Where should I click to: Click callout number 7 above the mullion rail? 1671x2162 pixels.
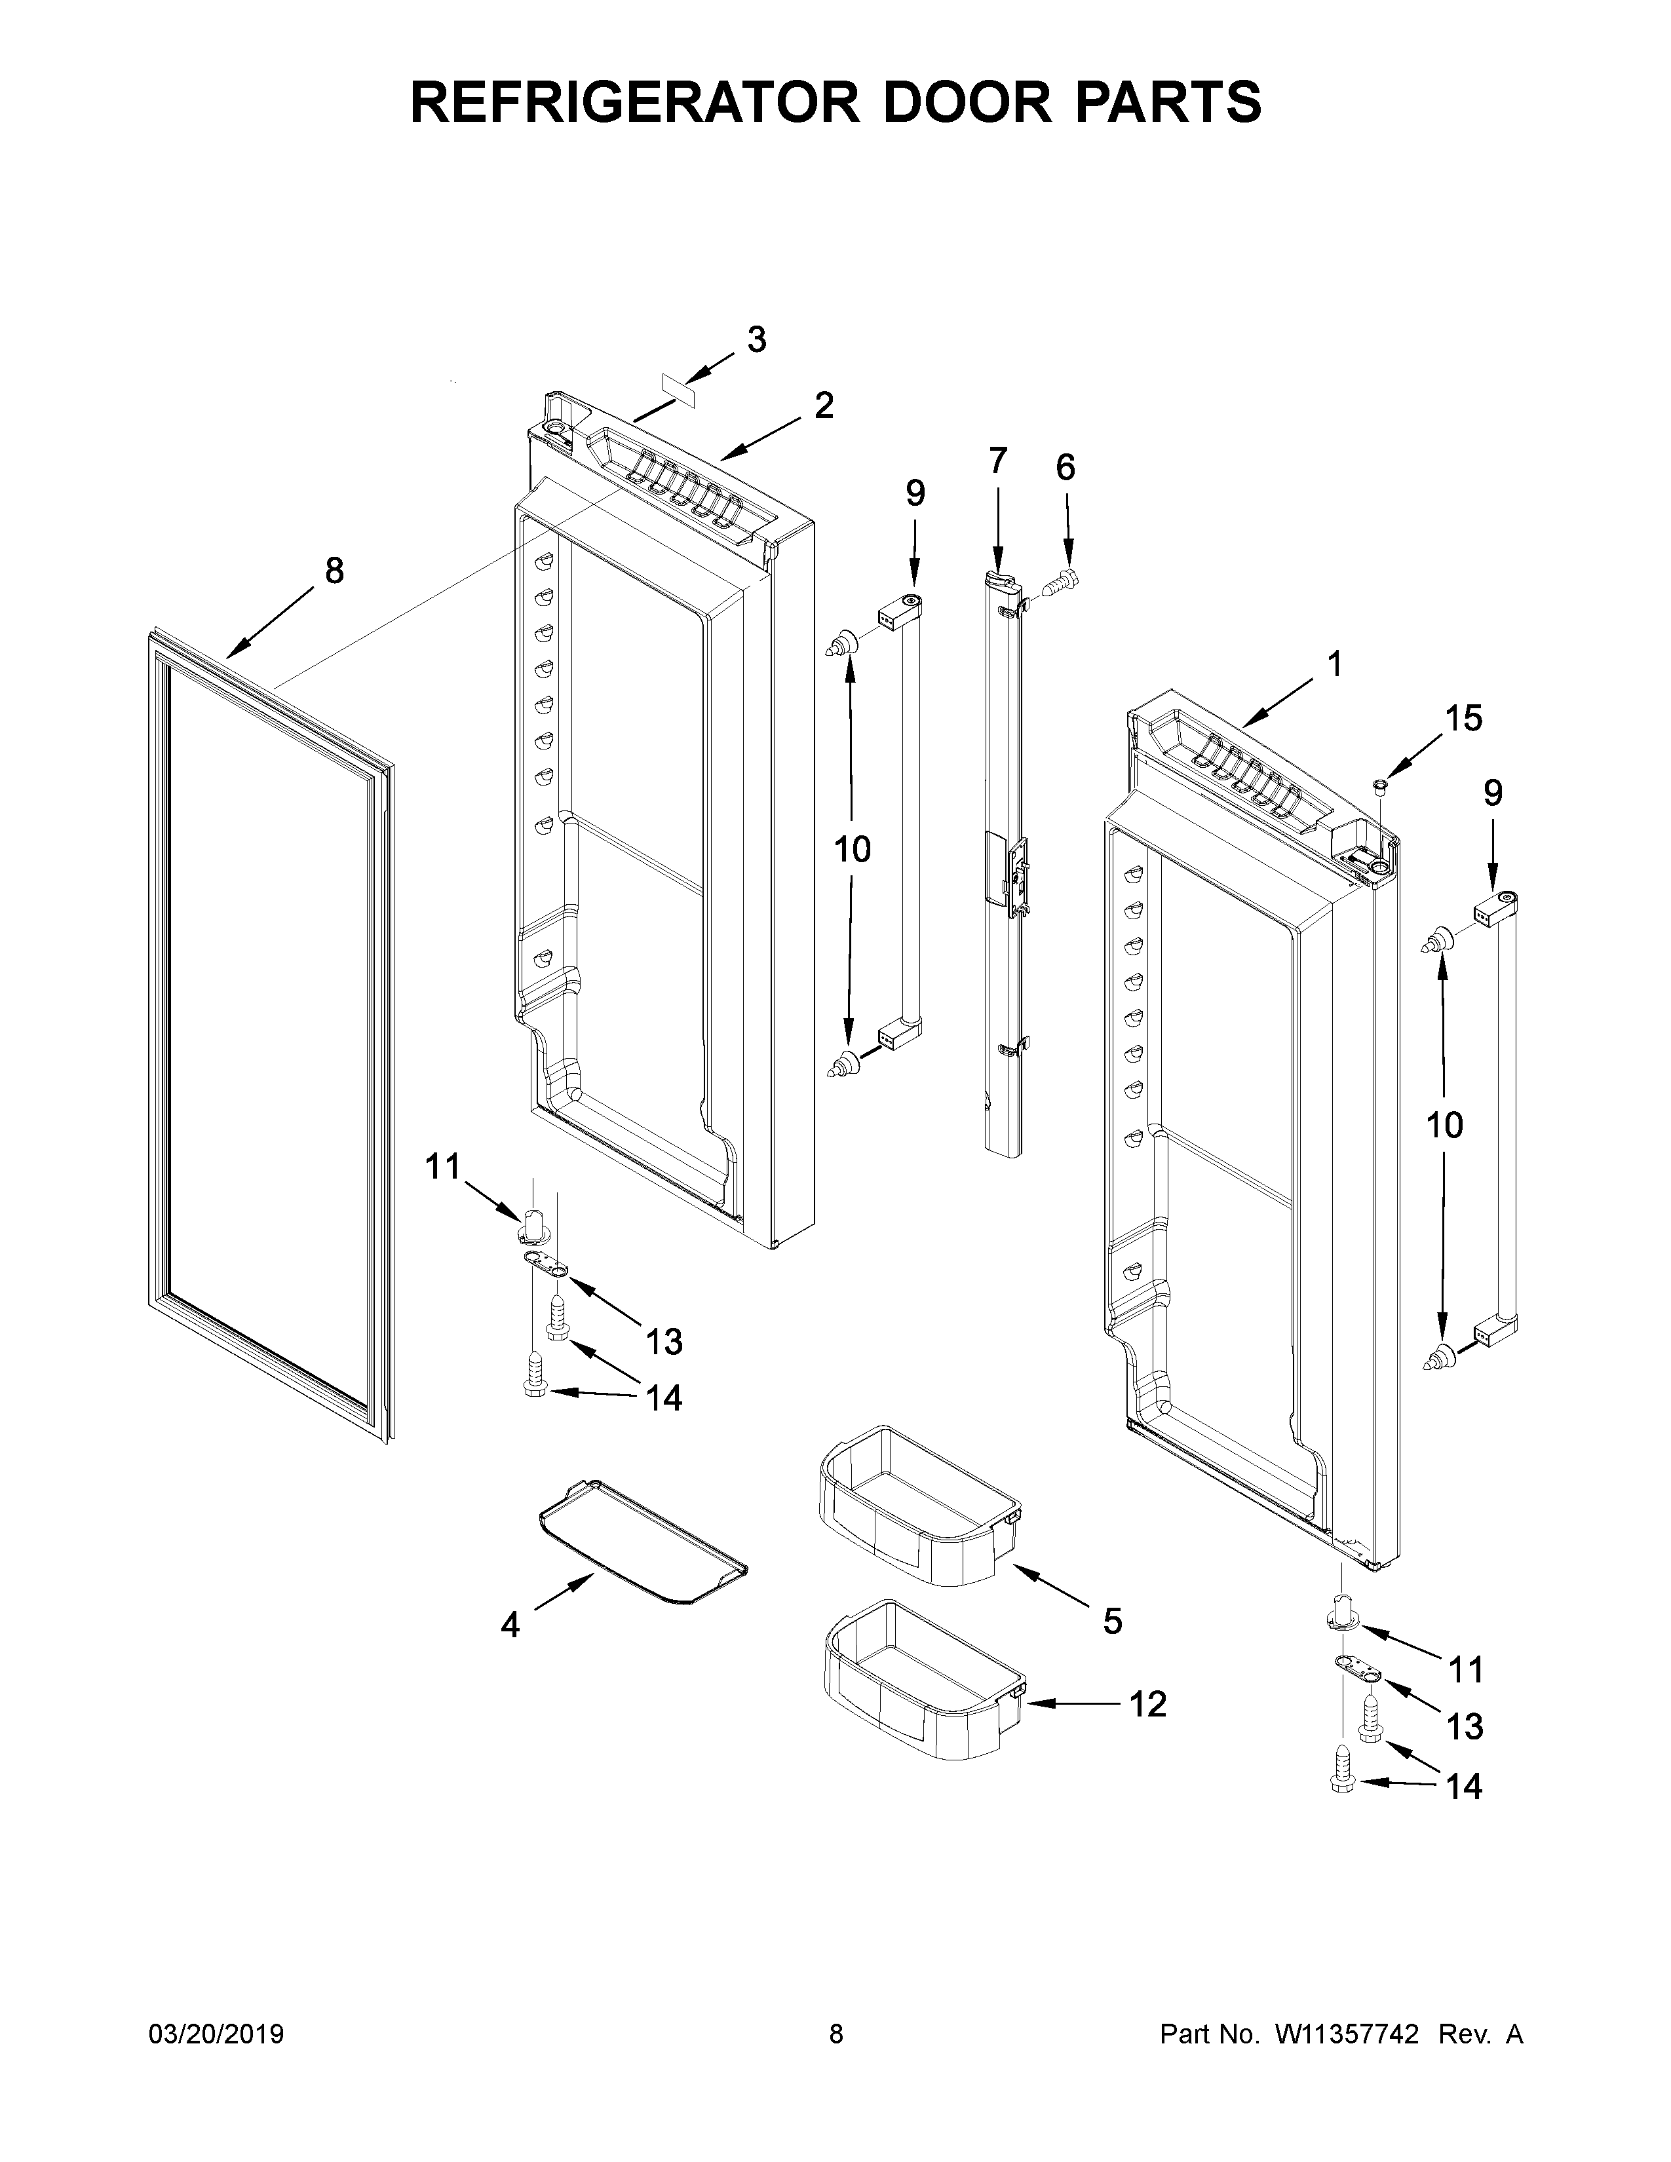point(998,461)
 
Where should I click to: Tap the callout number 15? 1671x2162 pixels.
point(1463,719)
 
